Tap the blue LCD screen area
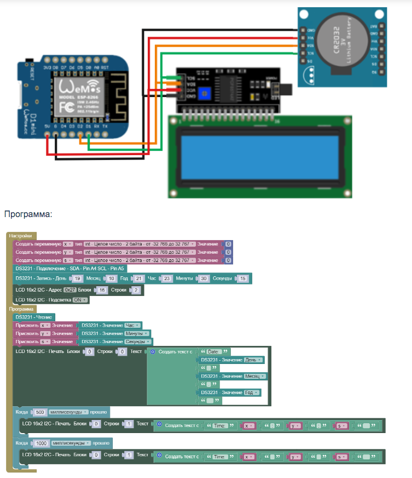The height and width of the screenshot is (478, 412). point(260,156)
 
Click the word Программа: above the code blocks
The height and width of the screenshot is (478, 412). point(27,214)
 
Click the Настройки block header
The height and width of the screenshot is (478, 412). point(21,236)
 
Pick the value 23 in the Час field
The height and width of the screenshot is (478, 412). point(167,278)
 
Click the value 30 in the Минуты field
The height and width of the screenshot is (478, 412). point(203,278)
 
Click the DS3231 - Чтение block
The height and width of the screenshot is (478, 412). point(34,317)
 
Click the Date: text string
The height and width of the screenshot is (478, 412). point(214,351)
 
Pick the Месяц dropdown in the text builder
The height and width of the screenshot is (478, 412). point(255,376)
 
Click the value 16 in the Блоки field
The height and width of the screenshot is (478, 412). point(102,290)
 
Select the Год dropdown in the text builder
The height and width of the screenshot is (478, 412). point(252,392)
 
